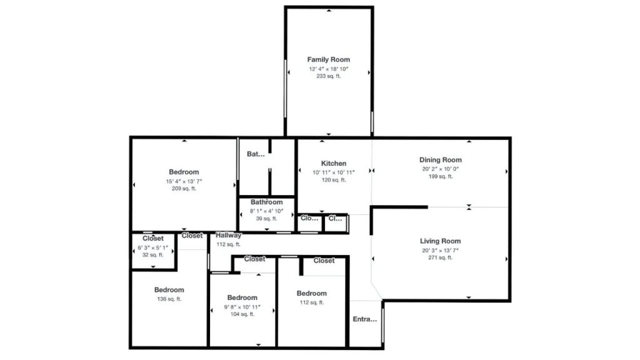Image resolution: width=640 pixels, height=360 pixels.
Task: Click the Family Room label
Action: click(328, 59)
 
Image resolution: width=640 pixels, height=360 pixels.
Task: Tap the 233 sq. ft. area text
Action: click(328, 76)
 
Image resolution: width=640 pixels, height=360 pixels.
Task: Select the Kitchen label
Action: click(334, 163)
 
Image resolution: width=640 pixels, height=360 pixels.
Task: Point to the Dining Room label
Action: click(441, 160)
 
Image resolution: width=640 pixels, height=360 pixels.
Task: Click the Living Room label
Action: click(440, 241)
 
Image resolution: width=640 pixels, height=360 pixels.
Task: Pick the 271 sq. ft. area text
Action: click(440, 257)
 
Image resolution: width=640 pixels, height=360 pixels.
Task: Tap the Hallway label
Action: click(229, 236)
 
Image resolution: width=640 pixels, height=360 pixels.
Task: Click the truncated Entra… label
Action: click(365, 319)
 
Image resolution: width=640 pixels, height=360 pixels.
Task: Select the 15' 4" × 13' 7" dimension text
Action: click(184, 181)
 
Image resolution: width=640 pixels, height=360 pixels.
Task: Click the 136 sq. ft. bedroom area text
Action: click(169, 299)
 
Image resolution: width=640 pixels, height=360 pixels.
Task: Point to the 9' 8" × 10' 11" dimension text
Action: click(242, 307)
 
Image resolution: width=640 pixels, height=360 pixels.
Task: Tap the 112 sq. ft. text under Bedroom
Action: click(311, 302)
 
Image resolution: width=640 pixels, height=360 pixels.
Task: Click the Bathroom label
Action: click(267, 202)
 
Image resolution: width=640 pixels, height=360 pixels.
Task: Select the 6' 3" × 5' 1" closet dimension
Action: click(153, 247)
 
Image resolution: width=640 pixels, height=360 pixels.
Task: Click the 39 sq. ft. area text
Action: click(267, 218)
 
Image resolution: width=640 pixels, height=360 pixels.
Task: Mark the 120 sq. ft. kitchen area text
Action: click(334, 180)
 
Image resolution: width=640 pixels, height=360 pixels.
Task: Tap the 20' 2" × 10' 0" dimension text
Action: click(441, 168)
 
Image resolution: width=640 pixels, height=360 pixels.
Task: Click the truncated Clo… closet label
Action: click(309, 218)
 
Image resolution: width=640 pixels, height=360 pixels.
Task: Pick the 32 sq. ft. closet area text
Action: click(153, 255)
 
